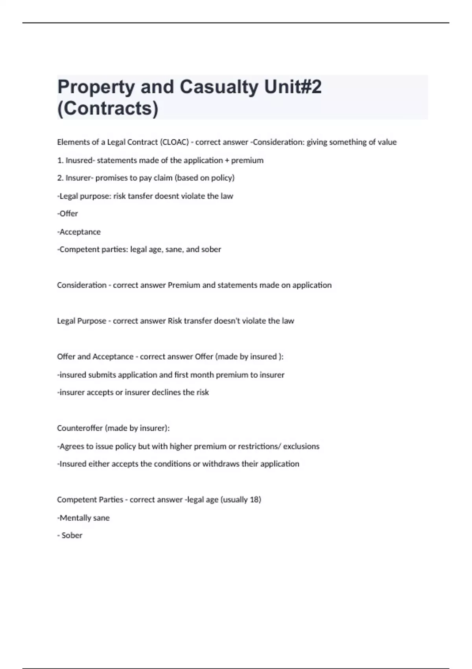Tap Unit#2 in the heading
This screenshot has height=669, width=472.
pyautogui.click(x=293, y=87)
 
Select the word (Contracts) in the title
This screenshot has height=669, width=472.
pyautogui.click(x=108, y=108)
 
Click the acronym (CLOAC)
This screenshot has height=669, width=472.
pyautogui.click(x=174, y=142)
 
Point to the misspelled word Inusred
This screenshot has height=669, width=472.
pyautogui.click(x=80, y=160)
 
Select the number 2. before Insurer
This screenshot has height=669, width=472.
pyautogui.click(x=60, y=178)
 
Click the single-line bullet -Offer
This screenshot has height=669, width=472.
pyautogui.click(x=68, y=214)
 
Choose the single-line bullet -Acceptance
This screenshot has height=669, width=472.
pyautogui.click(x=79, y=232)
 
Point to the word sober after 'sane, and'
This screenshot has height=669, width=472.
pyautogui.click(x=211, y=249)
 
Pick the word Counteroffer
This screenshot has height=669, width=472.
pyautogui.click(x=80, y=428)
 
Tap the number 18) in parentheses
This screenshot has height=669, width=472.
pyautogui.click(x=255, y=500)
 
